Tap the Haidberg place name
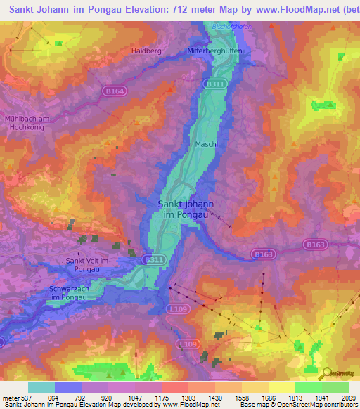pyautogui.click(x=146, y=51)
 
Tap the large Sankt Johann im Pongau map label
pyautogui.click(x=185, y=208)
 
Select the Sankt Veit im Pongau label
pyautogui.click(x=88, y=265)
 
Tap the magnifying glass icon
pyautogui.click(x=328, y=374)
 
